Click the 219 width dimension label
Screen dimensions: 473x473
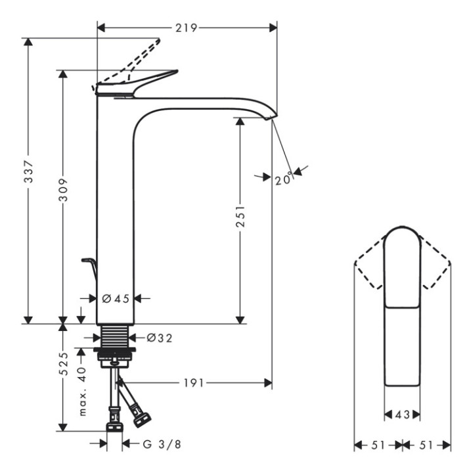[x=187, y=28]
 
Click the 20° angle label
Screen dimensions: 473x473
[x=284, y=179]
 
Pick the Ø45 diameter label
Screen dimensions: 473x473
[x=116, y=298]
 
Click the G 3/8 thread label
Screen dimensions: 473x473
[x=162, y=444]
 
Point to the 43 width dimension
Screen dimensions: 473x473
[x=402, y=415]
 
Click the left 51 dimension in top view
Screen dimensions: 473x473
[x=378, y=445]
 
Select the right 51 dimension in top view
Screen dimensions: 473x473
[x=426, y=445]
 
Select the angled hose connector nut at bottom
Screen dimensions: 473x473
[x=141, y=416]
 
